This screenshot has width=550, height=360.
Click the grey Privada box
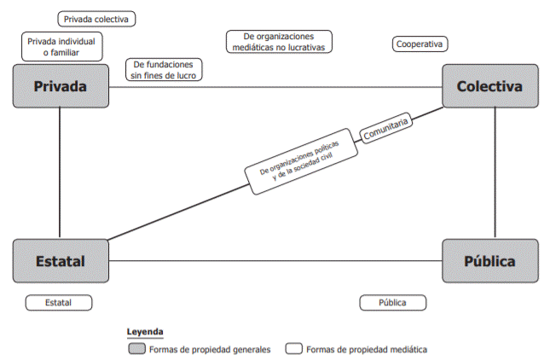coord(61,86)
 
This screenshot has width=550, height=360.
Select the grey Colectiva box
coord(489,86)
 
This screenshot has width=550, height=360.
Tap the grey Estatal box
coord(61,260)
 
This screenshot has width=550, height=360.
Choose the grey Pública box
coord(489,260)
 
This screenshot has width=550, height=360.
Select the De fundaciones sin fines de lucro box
coord(165,70)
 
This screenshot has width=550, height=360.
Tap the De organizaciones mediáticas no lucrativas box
coord(279,42)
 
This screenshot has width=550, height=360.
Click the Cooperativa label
coord(421,44)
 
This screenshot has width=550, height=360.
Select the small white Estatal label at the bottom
coord(59,303)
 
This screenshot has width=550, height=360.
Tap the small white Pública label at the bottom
coord(391,303)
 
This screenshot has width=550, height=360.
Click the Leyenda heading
coord(145,332)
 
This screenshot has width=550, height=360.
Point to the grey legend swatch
coord(136,349)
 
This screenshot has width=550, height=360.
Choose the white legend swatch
coord(294,349)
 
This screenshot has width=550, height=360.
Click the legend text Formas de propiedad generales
coord(209,349)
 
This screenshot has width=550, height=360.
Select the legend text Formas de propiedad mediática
coord(367,349)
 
